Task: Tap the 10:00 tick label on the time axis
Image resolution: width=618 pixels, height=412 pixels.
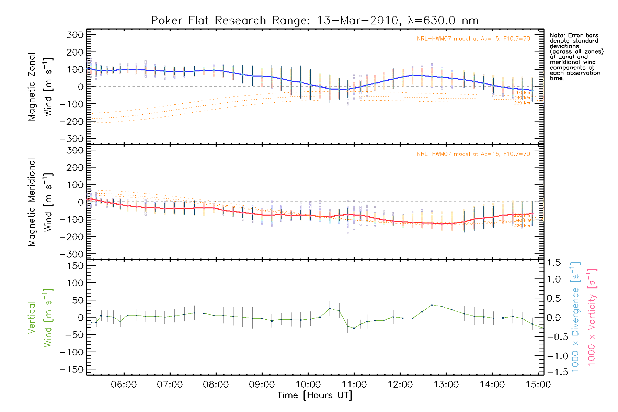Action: (x=308, y=385)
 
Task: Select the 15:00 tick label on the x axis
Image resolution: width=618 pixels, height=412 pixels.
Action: (x=538, y=385)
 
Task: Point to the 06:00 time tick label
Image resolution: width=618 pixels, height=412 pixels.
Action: (x=124, y=385)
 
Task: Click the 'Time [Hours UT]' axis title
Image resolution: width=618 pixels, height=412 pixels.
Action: (x=315, y=396)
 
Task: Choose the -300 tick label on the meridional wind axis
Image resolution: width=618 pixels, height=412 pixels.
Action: (x=71, y=254)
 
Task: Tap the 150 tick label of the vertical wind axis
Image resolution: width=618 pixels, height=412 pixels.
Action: (x=75, y=266)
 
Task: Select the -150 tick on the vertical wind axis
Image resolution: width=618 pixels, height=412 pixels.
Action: (x=71, y=370)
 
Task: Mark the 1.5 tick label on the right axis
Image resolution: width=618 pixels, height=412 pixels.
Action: (x=554, y=263)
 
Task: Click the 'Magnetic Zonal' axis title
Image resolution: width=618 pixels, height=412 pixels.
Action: (x=32, y=87)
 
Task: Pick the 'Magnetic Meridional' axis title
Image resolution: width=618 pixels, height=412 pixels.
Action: (x=32, y=202)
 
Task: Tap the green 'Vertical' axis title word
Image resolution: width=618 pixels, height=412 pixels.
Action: (x=32, y=318)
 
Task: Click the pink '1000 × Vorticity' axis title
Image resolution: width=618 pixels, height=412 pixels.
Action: (x=592, y=318)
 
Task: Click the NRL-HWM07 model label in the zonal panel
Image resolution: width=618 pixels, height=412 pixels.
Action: (x=473, y=39)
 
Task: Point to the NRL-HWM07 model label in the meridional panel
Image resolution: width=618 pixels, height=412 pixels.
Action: (x=473, y=154)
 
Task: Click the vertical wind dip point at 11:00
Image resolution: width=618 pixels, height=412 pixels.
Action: (x=354, y=328)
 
